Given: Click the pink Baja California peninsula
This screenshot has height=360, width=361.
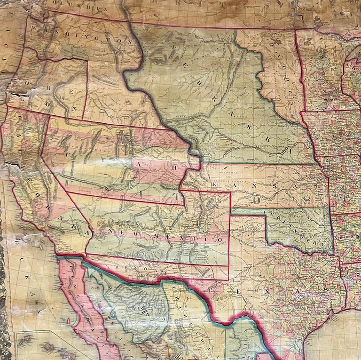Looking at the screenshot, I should tap(87, 306).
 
